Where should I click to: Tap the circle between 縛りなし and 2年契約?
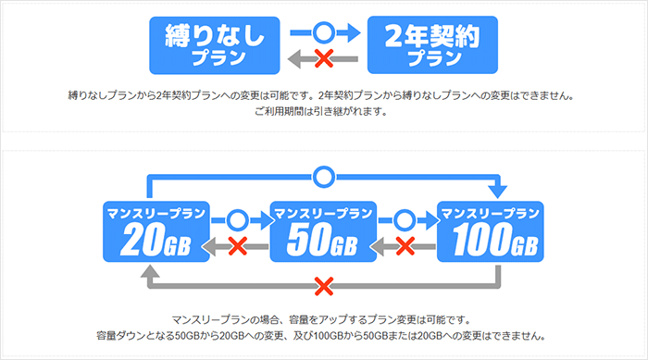click(x=324, y=32)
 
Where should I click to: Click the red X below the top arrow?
click(x=324, y=59)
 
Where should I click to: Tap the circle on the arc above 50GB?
click(x=322, y=175)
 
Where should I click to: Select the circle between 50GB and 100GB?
click(x=405, y=220)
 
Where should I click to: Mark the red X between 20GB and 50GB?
click(x=237, y=246)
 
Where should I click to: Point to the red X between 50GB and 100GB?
click(x=405, y=246)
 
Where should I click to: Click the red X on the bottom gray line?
click(x=322, y=283)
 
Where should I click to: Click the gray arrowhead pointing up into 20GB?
click(x=148, y=270)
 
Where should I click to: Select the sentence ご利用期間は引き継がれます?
click(x=323, y=113)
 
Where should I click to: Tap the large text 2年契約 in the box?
click(x=433, y=37)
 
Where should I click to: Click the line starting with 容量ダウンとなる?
click(x=323, y=335)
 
